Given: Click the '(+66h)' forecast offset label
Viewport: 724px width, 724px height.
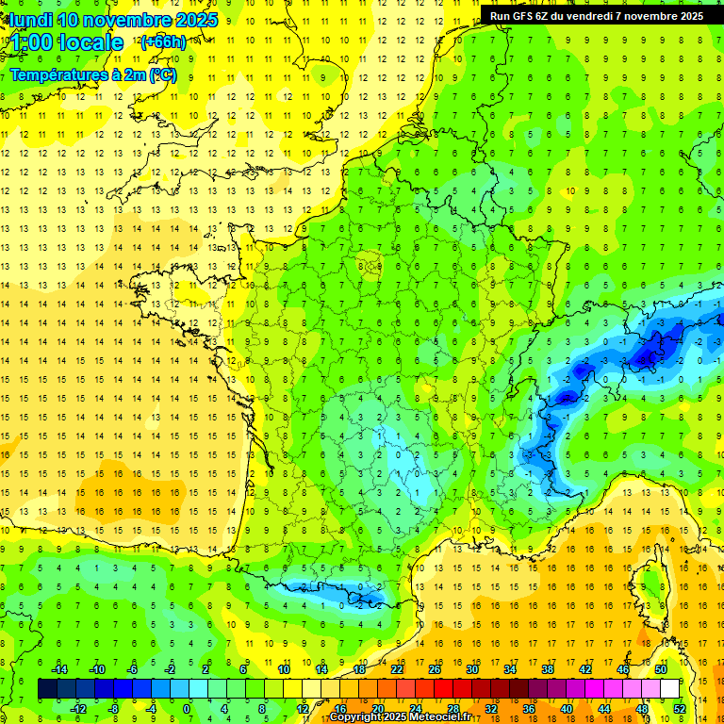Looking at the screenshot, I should [x=163, y=42].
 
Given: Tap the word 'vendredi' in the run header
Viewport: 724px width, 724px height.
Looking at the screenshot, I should [x=602, y=16].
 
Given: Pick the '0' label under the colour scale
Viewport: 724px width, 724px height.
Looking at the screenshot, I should [x=186, y=709].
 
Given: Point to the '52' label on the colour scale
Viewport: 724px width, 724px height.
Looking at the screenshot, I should [x=679, y=709].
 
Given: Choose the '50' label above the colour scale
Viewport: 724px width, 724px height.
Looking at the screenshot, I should [x=661, y=669].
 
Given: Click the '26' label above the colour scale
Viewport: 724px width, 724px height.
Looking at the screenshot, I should [x=435, y=669].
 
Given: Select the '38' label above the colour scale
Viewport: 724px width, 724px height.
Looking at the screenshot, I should [x=548, y=669].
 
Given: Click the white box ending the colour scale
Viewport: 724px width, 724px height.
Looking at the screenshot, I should [x=669, y=689].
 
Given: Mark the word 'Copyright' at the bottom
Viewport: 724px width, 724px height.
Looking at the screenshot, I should [x=357, y=717].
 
